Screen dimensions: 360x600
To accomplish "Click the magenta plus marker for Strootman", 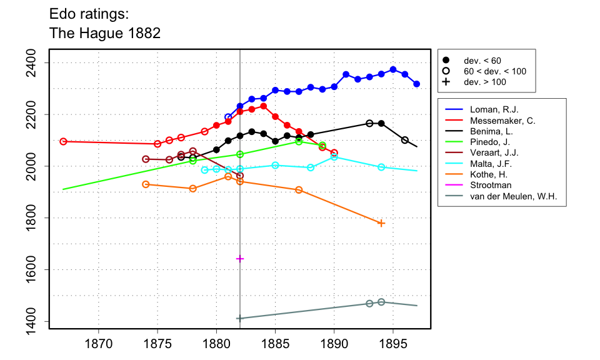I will tap(240, 259).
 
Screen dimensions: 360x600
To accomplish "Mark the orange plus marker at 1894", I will tap(381, 223).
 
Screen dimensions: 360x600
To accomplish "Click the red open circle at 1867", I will tap(63, 141).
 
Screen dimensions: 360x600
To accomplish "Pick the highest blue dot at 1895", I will tap(393, 69).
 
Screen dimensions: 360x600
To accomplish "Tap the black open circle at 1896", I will tap(405, 140).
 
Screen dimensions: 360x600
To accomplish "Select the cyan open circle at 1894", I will tap(381, 167).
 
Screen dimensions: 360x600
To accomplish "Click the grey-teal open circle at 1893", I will tap(369, 304).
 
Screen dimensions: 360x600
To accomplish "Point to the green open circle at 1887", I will tap(299, 142).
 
